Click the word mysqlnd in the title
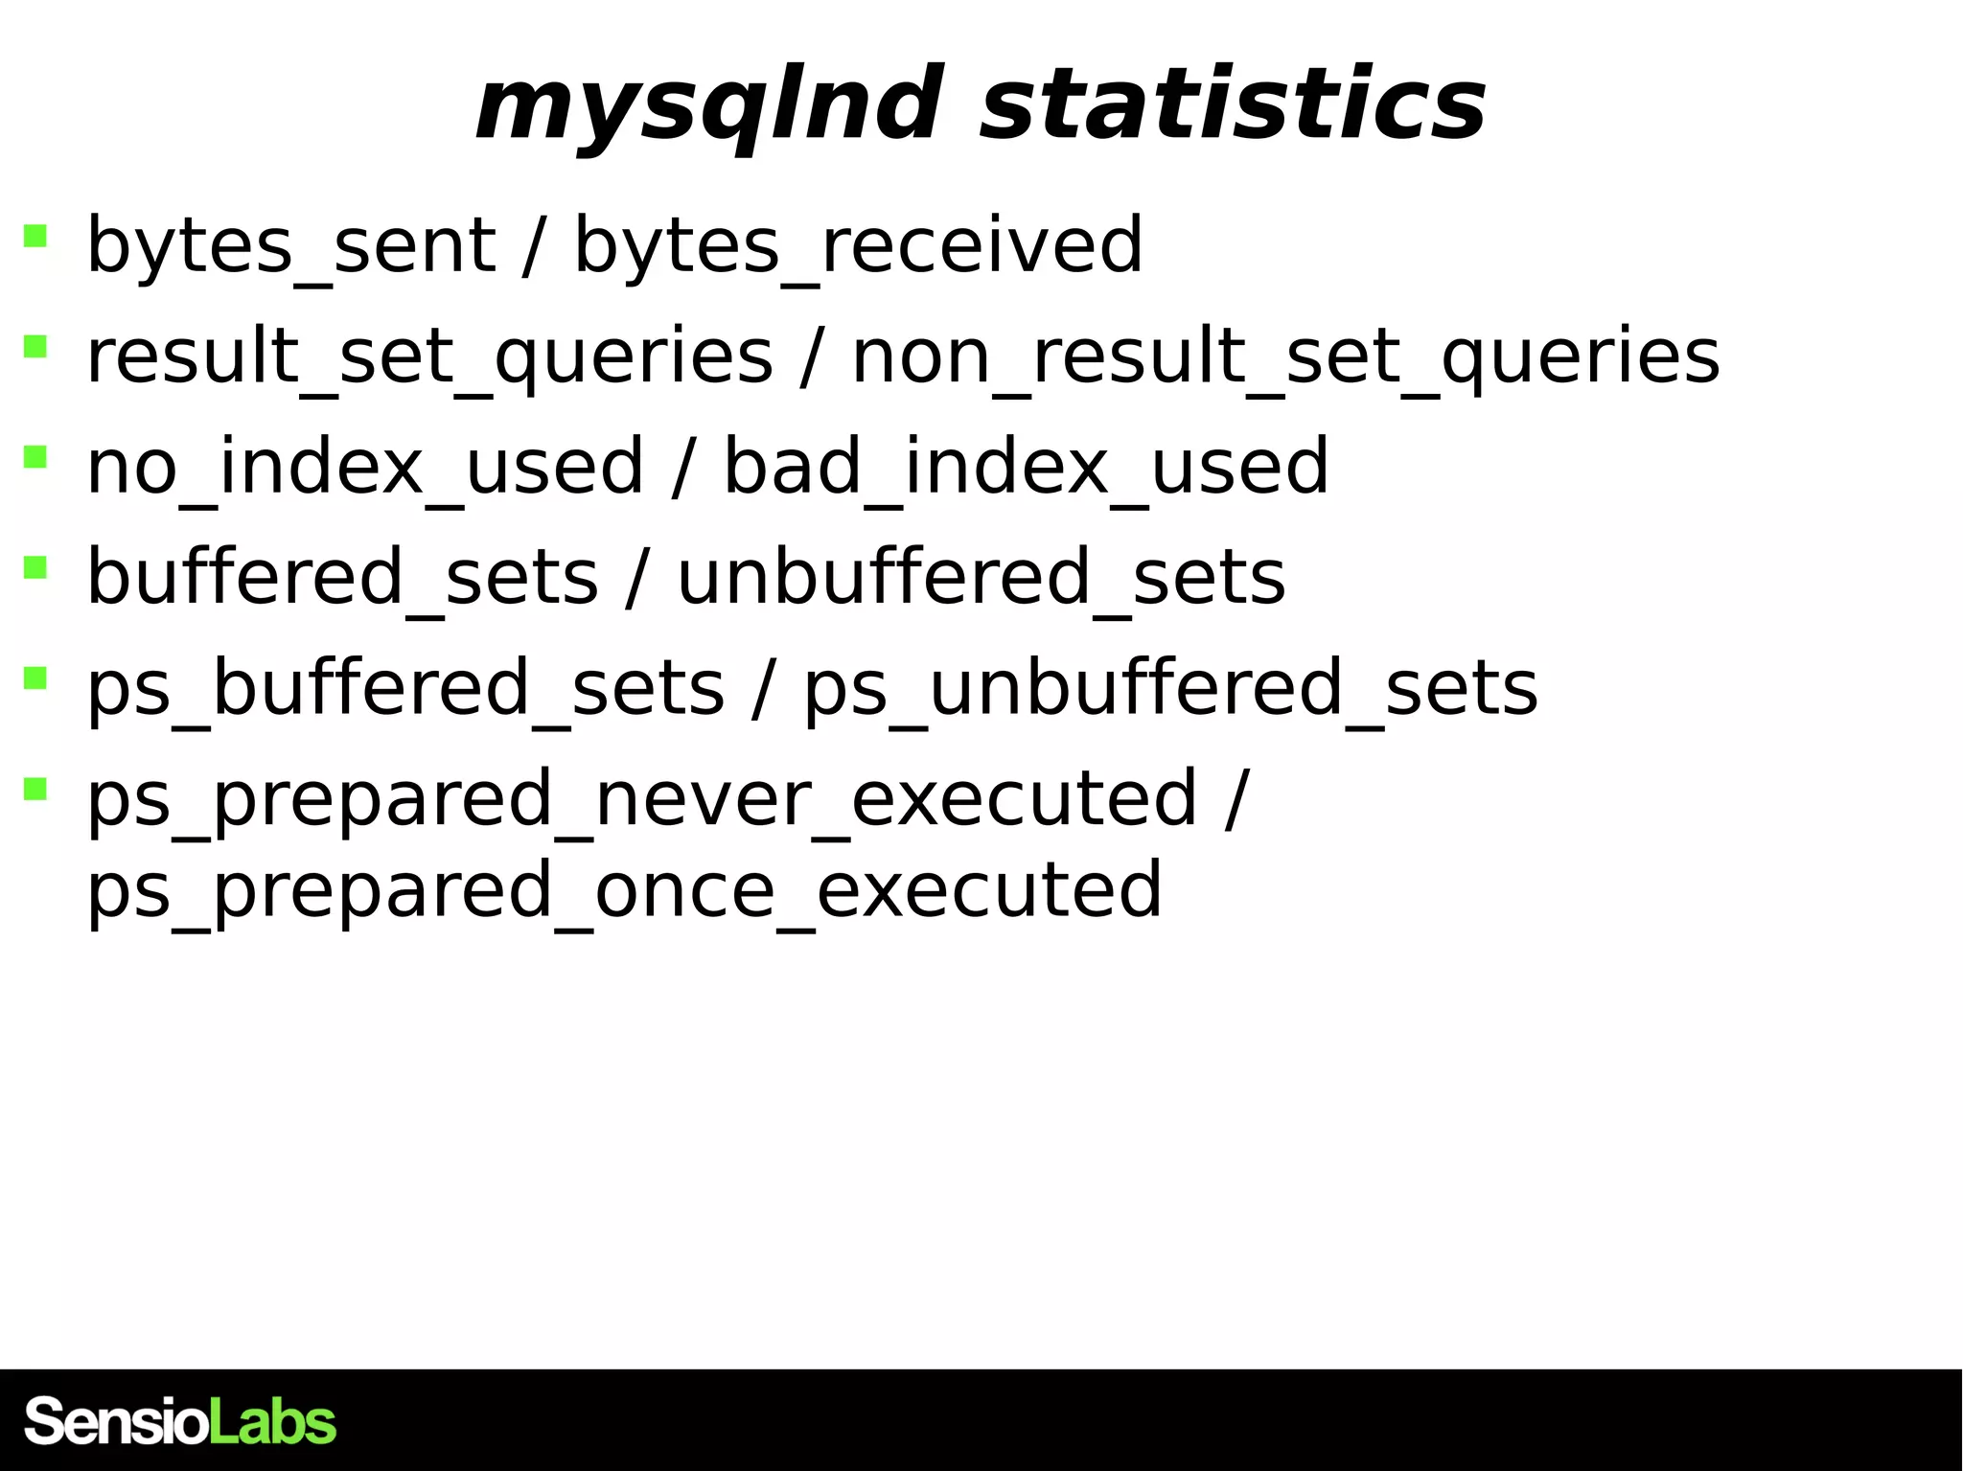(x=706, y=105)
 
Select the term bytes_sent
(x=290, y=246)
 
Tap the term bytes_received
(x=858, y=246)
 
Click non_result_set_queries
(x=1285, y=356)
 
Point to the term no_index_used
(x=364, y=468)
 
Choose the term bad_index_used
(x=1026, y=468)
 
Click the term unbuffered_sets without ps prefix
(x=981, y=578)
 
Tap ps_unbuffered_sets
(x=1170, y=689)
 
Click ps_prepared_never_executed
(x=641, y=799)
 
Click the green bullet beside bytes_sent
(x=35, y=235)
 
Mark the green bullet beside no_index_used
(x=35, y=456)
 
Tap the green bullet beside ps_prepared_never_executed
(x=35, y=788)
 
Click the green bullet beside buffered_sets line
(x=35, y=567)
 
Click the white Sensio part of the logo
(x=115, y=1421)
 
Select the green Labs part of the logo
(x=272, y=1421)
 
